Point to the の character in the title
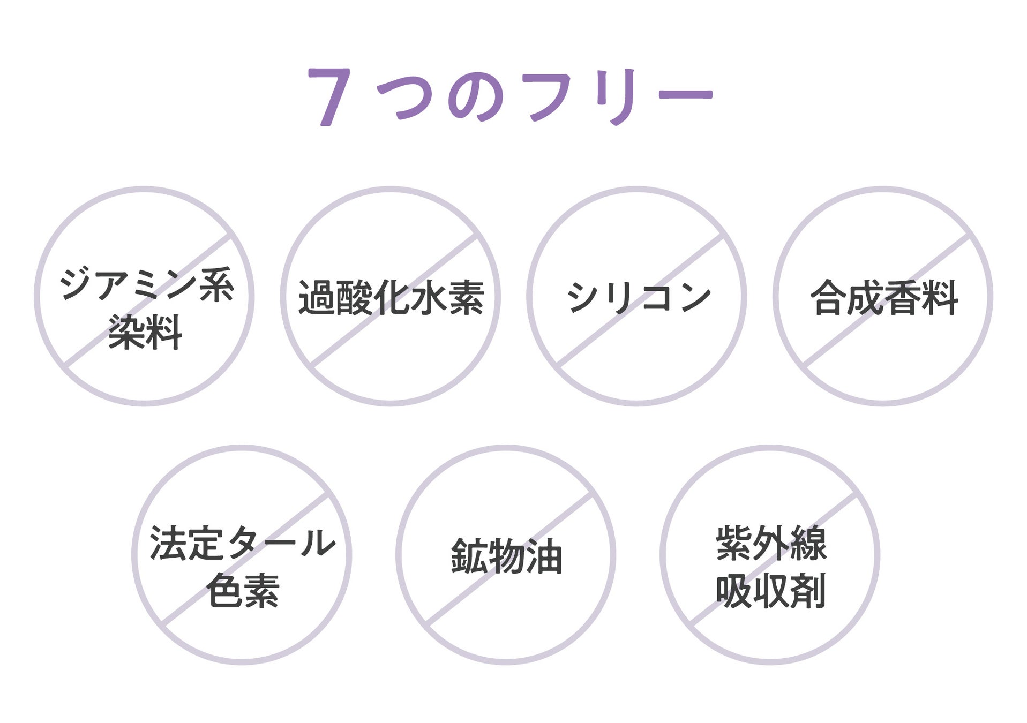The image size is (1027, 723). [475, 97]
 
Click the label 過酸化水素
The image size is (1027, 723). [391, 297]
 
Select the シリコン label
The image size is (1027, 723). [639, 297]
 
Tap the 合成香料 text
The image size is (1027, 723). [883, 297]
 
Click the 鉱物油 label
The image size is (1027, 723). [506, 556]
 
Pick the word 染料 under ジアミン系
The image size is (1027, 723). [145, 332]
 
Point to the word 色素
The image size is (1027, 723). [243, 590]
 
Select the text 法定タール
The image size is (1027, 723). [243, 543]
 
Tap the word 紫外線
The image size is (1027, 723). [771, 543]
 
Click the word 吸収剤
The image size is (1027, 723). [771, 590]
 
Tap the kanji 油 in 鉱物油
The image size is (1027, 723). [544, 556]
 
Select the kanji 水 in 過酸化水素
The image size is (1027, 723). [429, 297]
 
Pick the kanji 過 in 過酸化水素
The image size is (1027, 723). [316, 297]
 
